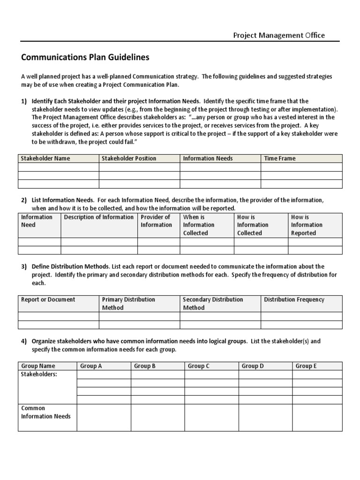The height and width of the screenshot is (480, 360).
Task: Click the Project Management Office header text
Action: click(279, 36)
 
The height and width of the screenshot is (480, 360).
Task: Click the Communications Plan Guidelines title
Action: click(85, 57)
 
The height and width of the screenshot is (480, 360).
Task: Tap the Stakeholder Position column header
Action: click(129, 158)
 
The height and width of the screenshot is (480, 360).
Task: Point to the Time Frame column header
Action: click(280, 158)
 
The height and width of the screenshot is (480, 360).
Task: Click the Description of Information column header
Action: click(98, 217)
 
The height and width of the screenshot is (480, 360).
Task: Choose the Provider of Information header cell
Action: click(156, 221)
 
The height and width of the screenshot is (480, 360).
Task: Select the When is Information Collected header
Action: click(199, 225)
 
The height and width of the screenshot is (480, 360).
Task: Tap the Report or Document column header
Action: click(48, 300)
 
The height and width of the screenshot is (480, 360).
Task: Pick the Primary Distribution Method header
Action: click(128, 303)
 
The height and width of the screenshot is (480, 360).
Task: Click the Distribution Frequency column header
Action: click(294, 300)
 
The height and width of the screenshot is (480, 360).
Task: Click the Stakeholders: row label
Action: click(39, 374)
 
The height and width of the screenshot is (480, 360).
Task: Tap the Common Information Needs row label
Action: click(46, 412)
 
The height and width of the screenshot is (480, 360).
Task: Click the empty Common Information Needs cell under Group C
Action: click(211, 417)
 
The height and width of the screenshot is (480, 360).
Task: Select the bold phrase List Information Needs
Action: click(63, 200)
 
